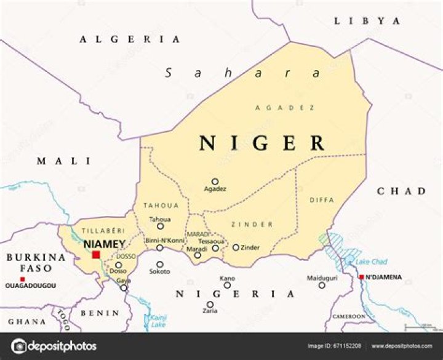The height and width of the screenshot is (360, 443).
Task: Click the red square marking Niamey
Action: coord(96,254)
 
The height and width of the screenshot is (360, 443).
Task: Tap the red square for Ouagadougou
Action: coord(23,279)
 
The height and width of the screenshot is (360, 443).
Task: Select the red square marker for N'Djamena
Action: coord(361,277)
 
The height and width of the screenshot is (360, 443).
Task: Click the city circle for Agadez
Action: coord(215,182)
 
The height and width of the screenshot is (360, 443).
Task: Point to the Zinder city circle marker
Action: coord(236,247)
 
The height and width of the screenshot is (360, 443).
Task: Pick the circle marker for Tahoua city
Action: coord(160,226)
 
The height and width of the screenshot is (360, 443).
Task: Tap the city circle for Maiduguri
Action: coord(321,285)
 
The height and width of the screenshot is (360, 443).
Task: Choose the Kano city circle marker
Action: coord(227,285)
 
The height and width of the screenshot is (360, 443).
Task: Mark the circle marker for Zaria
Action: coord(210,304)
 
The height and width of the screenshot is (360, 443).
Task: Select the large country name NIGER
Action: coord(262,143)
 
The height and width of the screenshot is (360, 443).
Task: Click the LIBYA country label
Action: coord(367,21)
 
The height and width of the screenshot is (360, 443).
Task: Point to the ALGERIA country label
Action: coord(130,39)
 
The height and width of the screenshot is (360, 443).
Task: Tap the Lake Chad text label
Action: coord(371,262)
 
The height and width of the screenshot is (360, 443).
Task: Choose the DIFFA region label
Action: coord(322,199)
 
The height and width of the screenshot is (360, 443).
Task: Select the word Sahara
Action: coord(242,73)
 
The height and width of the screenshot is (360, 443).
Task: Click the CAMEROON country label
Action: coord(349,316)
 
